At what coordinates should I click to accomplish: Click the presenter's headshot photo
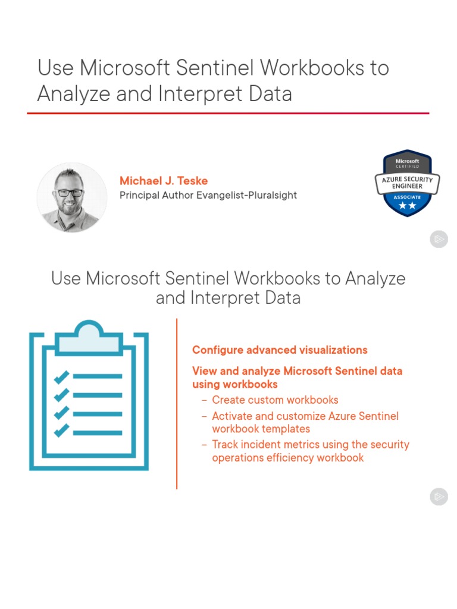[x=71, y=197]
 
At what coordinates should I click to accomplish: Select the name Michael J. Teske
[x=164, y=180]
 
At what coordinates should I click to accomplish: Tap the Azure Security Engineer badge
[x=408, y=183]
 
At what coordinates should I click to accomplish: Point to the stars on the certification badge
[x=408, y=206]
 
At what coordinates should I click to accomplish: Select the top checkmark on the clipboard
[x=61, y=376]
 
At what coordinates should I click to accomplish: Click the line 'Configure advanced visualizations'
[x=280, y=350]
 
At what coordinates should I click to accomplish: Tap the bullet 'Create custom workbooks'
[x=275, y=400]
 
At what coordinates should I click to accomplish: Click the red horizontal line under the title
[x=228, y=113]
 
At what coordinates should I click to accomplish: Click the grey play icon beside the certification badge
[x=439, y=240]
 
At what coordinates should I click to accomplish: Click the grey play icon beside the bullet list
[x=439, y=496]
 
